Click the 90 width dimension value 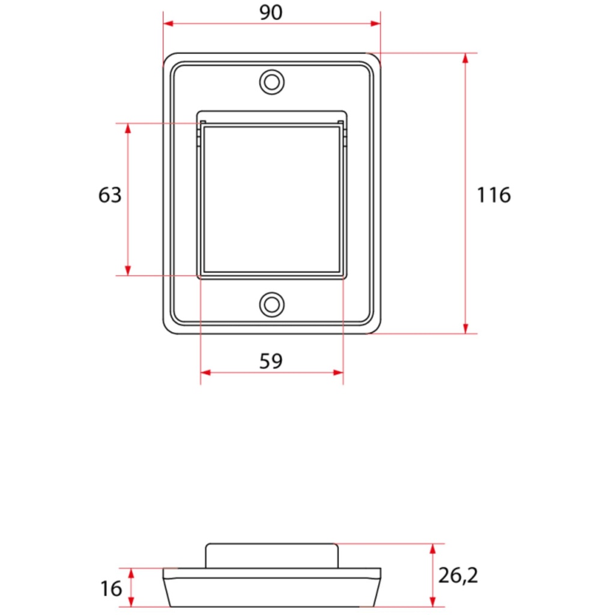click(x=271, y=13)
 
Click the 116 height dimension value click(x=494, y=195)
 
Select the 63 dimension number click(x=110, y=195)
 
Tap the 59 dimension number click(x=271, y=361)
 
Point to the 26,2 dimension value click(x=458, y=576)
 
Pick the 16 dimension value click(x=111, y=589)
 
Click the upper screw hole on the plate click(x=271, y=82)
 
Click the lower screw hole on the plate click(x=271, y=304)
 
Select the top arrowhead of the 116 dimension click(x=465, y=58)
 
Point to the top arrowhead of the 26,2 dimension click(x=432, y=548)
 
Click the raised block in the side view click(x=271, y=556)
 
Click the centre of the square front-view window click(x=271, y=199)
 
